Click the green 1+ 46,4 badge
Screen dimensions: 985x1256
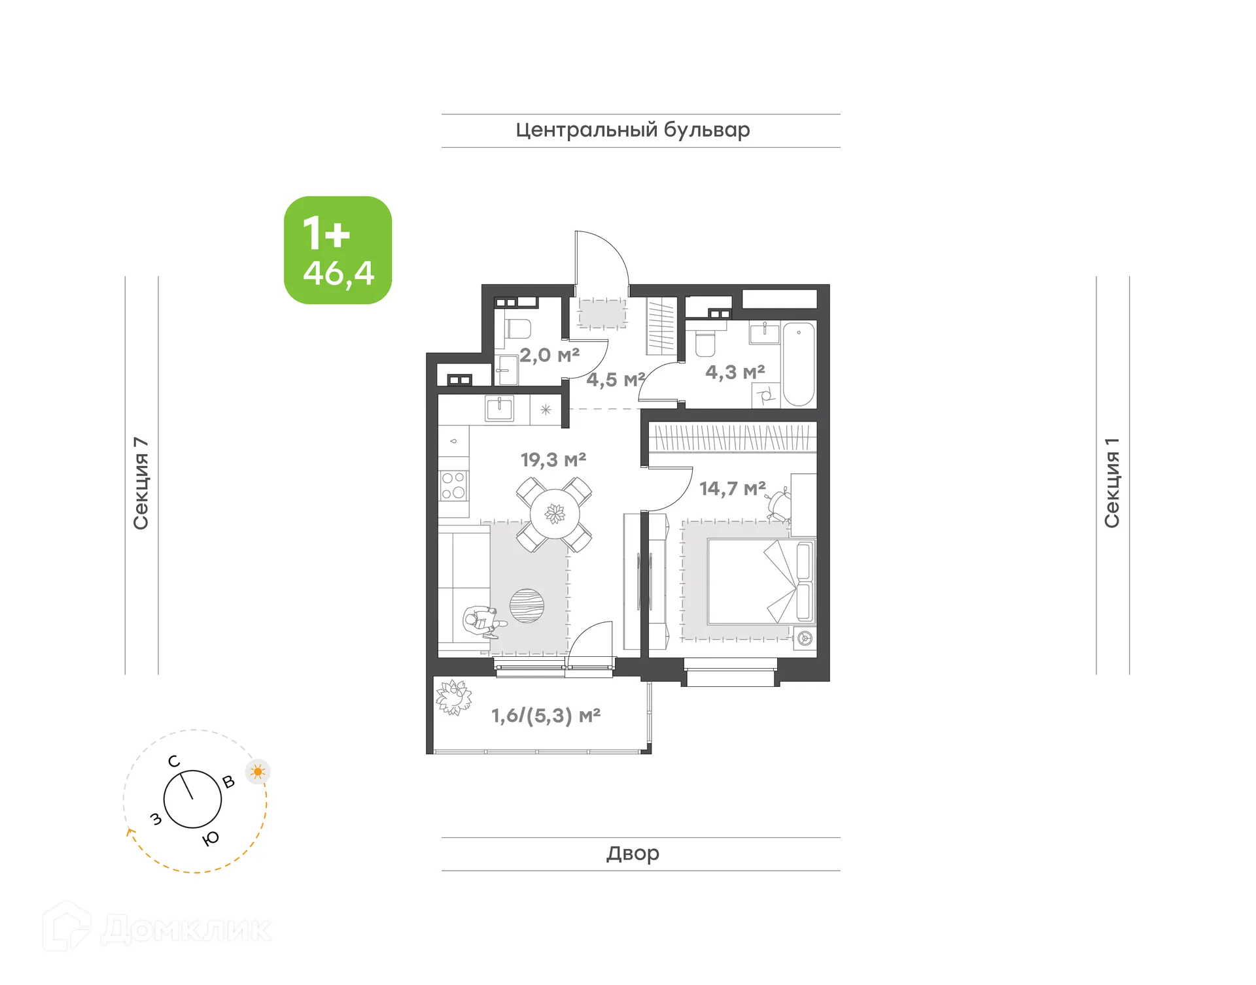338,250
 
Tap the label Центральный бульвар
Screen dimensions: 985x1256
633,130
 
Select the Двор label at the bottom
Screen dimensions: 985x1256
633,853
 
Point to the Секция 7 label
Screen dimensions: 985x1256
141,483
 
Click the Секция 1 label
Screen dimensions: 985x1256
1112,483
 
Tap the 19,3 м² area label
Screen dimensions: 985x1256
553,460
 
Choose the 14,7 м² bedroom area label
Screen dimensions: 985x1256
732,489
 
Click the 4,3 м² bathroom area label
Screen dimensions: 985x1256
735,373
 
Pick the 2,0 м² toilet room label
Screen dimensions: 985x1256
549,356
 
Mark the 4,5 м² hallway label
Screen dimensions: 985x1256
615,380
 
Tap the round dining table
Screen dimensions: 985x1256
555,514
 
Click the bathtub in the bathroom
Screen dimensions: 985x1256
799,363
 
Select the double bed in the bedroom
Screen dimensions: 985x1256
759,582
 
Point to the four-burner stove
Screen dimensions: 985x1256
453,486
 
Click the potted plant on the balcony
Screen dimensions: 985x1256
453,697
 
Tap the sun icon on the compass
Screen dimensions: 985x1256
258,772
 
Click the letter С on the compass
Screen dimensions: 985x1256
173,761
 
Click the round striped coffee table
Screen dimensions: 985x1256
527,606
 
